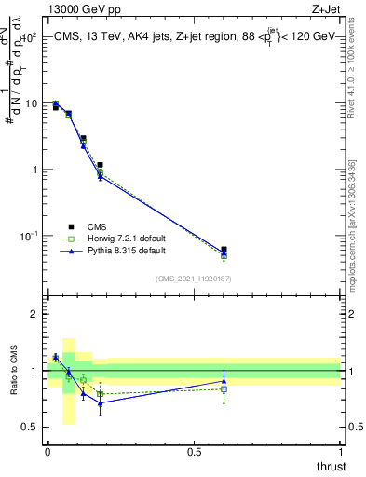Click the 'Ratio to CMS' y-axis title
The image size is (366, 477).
pos(13,371)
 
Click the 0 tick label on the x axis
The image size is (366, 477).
pos(47,452)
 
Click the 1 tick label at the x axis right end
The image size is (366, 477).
pos(340,452)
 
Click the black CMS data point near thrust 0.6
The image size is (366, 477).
pos(224,250)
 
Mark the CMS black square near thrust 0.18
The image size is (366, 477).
pos(100,165)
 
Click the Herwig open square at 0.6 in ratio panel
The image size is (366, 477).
pos(224,389)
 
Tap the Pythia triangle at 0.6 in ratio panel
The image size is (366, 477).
pos(224,381)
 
